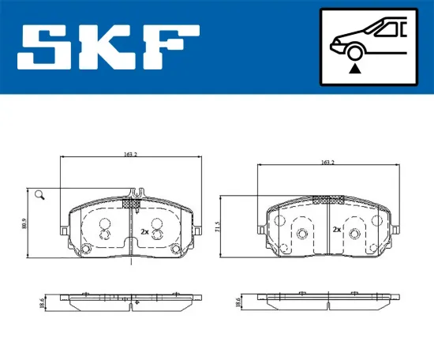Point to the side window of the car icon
pos(388,29)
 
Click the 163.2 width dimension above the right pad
pos(327,162)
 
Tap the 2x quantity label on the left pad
pos(144,232)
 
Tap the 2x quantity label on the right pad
pos(336,231)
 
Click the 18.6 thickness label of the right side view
pos(239,302)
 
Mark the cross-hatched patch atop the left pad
pos(132,204)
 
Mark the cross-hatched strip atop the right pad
pos(323,200)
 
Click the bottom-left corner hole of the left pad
pos(87,249)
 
